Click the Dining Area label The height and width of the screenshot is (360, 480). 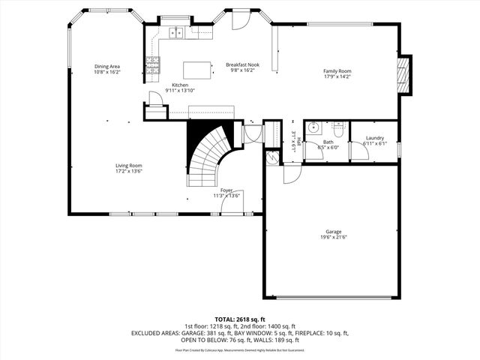(107, 66)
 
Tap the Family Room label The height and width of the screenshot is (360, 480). (337, 71)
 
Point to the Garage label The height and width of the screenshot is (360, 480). (334, 232)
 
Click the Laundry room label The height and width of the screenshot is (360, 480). (375, 138)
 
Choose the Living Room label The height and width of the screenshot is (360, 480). (128, 166)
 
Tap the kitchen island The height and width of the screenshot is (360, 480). (199, 70)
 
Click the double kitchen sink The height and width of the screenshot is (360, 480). (178, 32)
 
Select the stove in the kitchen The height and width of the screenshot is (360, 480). (152, 68)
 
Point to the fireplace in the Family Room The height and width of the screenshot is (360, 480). (405, 76)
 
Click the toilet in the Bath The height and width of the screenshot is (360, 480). (338, 128)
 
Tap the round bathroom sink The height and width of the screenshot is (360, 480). (313, 127)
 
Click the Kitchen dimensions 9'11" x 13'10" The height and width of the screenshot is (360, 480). (180, 90)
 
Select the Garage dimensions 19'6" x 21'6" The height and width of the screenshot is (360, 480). (334, 238)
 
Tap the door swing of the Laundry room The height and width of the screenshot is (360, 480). (358, 151)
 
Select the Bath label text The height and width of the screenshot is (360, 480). (328, 142)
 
